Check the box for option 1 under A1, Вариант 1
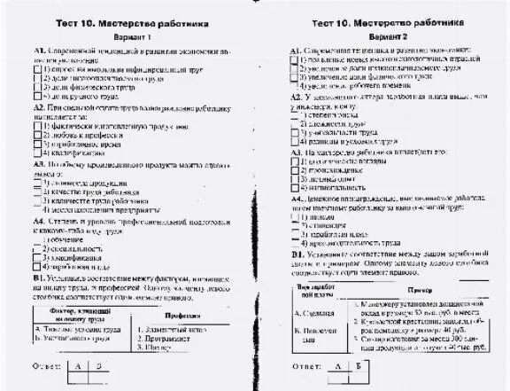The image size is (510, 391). pos(36,66)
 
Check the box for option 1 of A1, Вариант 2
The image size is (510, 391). pos(294,59)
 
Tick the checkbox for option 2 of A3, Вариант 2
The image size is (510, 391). pos(294,169)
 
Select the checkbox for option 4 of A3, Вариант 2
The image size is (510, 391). pos(294,188)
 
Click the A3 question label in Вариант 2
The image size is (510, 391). pos(297,152)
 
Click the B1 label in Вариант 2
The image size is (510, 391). pos(298,254)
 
